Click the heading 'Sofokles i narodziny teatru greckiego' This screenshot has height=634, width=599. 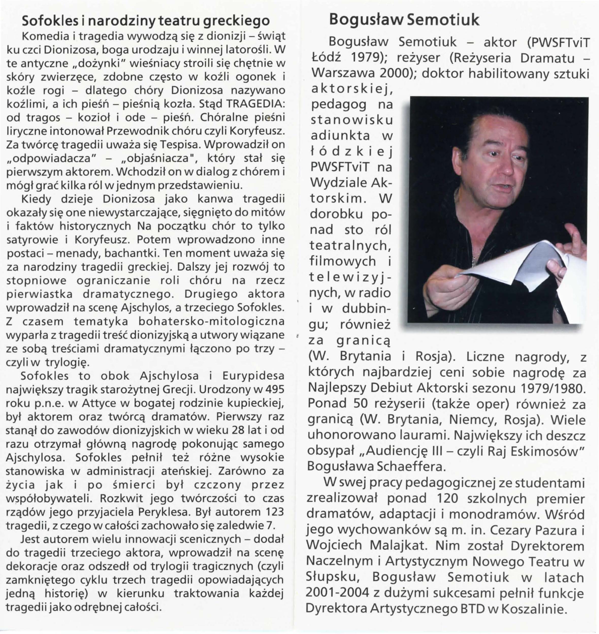coord(145,21)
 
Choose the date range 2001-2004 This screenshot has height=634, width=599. coord(336,593)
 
